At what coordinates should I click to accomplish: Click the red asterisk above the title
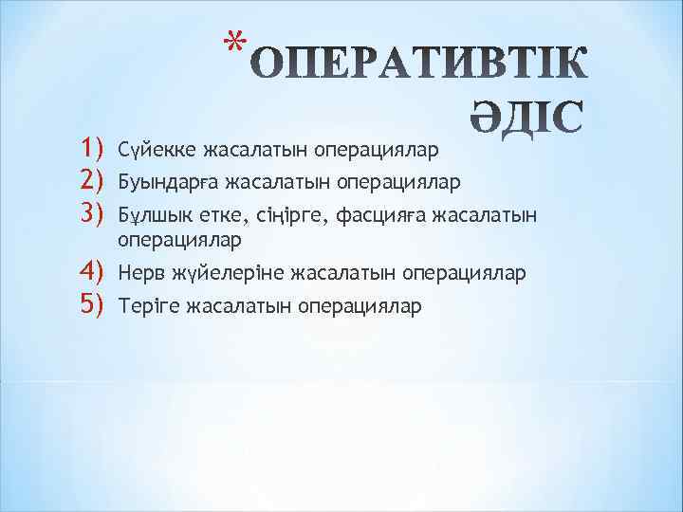point(237,41)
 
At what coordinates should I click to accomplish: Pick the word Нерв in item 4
point(138,275)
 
